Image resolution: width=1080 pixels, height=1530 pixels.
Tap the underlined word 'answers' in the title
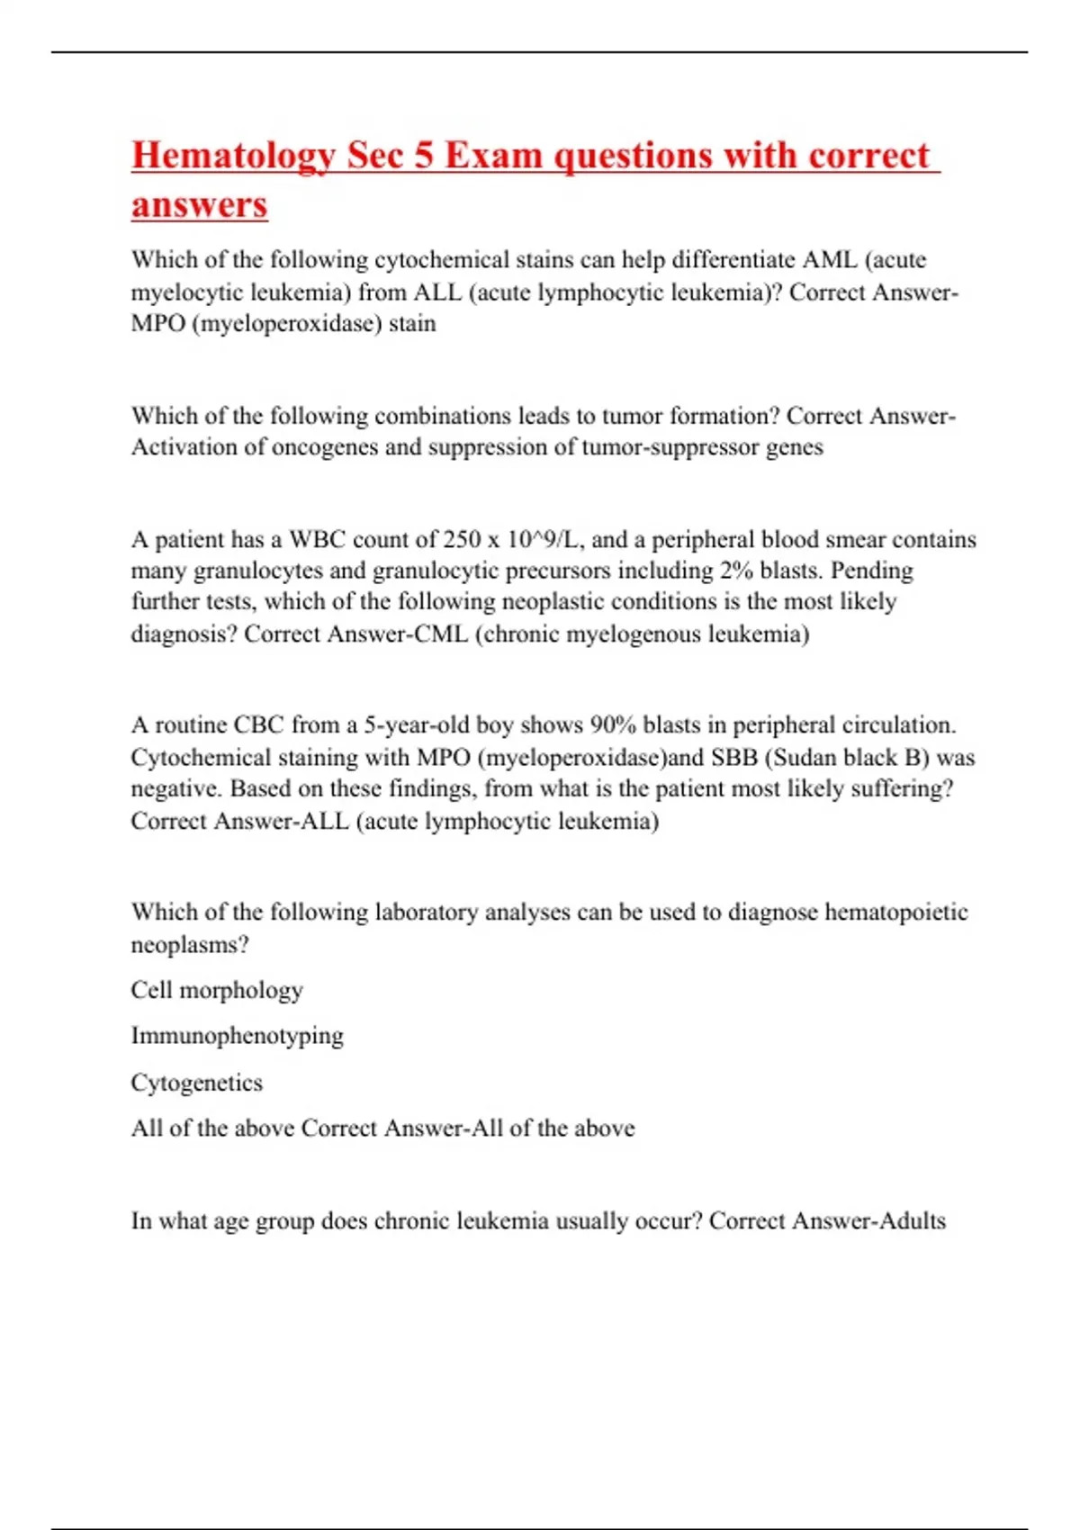pyautogui.click(x=199, y=204)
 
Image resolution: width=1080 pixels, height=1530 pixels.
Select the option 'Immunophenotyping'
pyautogui.click(x=238, y=1036)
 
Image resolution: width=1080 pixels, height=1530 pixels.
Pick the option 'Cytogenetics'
pyautogui.click(x=197, y=1083)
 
